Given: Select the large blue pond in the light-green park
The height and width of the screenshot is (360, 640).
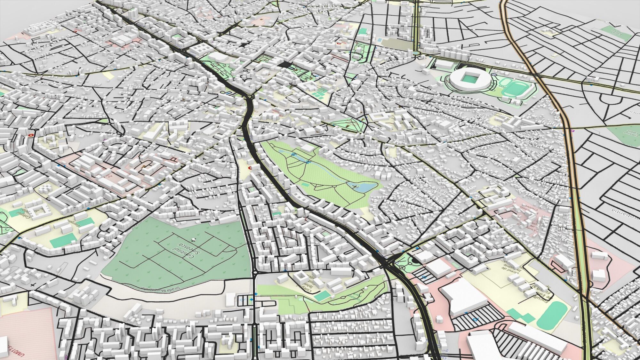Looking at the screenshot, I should pos(365,187).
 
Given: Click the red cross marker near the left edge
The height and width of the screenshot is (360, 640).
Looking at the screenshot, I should pos(31,135).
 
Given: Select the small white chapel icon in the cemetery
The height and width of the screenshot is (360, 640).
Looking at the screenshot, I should pos(193,239).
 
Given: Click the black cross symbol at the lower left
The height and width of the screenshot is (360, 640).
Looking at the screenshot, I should pos(32,284).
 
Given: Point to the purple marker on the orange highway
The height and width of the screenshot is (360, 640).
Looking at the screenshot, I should pos(572,130).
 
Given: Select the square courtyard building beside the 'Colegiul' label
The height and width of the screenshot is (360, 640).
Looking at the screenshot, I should pos(38,210).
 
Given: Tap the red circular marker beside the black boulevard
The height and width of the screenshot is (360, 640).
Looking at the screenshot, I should pos(250,167).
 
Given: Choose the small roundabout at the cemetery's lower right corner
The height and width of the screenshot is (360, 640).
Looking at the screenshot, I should pos(254,272).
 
